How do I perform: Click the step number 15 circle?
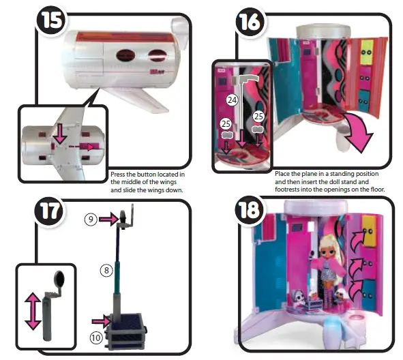[x=47, y=20]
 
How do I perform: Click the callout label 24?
[x=232, y=100]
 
